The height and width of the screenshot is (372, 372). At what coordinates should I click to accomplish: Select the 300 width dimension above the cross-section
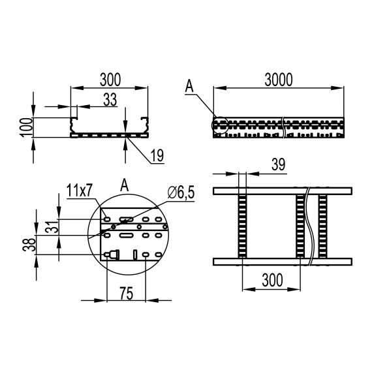point(109,79)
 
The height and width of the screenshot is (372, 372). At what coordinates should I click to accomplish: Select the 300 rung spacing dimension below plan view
point(271,281)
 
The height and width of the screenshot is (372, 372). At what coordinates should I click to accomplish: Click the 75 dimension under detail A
point(127,294)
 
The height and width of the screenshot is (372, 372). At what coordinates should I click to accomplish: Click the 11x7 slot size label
point(80,190)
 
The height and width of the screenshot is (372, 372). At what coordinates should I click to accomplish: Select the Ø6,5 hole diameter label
point(179,192)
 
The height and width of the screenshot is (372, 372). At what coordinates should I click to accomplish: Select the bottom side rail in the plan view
point(284,262)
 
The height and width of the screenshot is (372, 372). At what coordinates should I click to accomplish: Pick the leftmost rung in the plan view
point(242,226)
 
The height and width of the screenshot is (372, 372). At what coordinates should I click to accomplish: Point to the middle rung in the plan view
point(300,226)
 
